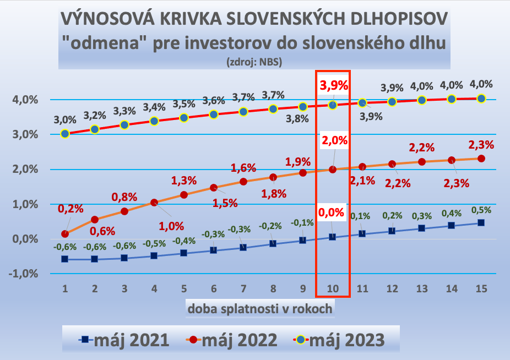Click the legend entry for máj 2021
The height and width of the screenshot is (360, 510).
click(x=123, y=340)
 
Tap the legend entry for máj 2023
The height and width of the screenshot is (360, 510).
click(x=339, y=340)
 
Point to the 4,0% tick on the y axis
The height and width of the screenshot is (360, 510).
click(x=25, y=100)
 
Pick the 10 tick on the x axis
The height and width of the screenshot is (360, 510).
click(x=332, y=288)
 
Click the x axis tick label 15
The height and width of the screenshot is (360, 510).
click(x=481, y=288)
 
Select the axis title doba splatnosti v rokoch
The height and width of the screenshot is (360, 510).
click(x=260, y=308)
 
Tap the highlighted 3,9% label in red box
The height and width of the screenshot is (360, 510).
click(x=333, y=85)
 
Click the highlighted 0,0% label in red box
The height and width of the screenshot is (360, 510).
click(x=333, y=212)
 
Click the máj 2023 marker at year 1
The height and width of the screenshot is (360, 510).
click(x=65, y=133)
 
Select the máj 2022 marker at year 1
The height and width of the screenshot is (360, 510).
click(x=65, y=234)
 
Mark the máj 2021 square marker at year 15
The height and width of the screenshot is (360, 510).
click(x=481, y=223)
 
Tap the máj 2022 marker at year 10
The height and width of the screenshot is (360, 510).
click(x=333, y=169)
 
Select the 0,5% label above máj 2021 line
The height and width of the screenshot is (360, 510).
click(x=481, y=209)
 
